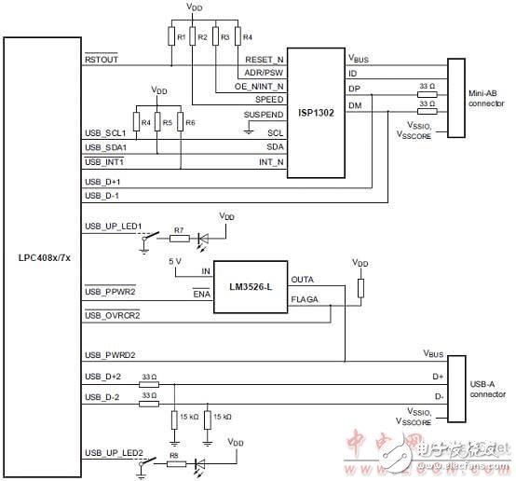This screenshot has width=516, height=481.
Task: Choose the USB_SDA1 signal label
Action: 104,146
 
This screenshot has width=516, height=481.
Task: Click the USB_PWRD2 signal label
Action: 107,354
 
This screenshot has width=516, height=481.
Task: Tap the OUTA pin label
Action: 303,278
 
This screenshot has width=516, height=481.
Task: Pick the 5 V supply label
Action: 175,260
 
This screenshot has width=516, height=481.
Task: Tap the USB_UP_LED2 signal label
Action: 112,451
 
